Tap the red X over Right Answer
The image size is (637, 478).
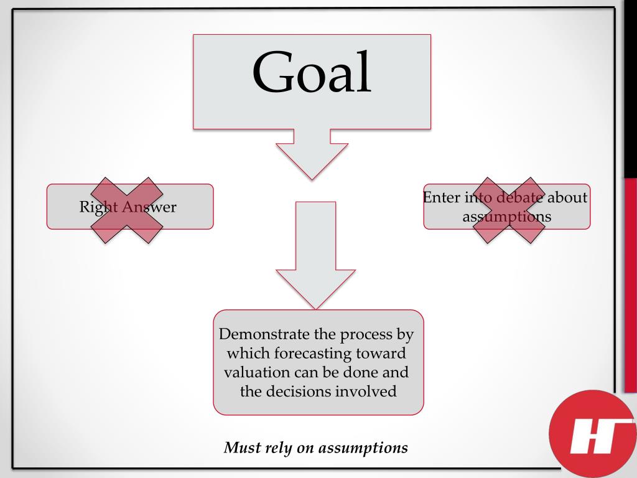[127, 210]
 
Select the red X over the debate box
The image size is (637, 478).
[509, 210]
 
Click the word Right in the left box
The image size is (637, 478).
[94, 207]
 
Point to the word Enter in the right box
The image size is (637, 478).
[441, 197]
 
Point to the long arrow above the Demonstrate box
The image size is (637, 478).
[315, 255]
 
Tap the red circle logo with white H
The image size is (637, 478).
[592, 433]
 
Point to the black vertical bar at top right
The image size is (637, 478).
[630, 87]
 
